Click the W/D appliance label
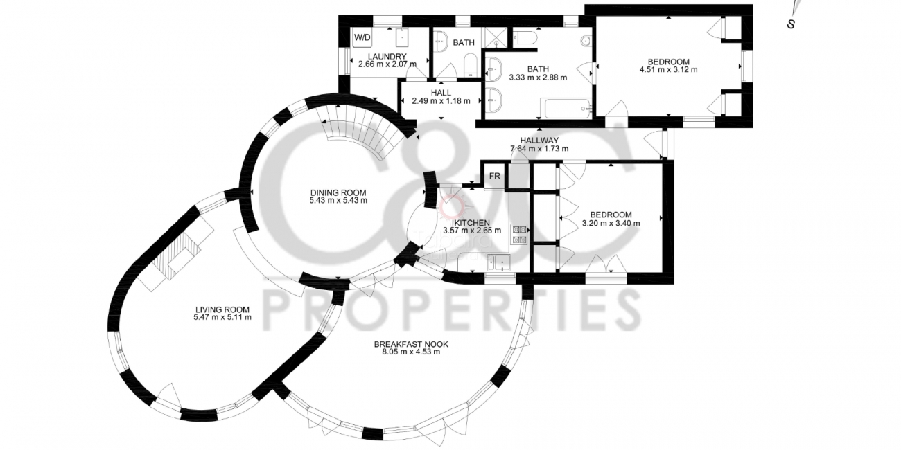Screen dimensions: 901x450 [362, 38]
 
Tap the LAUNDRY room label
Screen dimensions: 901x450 [387, 57]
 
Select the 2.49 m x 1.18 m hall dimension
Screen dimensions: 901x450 [441, 101]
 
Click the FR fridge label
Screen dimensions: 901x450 [494, 176]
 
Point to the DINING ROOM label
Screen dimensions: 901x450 [338, 193]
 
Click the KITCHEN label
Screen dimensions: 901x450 [472, 223]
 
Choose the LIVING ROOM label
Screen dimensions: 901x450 [222, 309]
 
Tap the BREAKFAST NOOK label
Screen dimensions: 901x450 [411, 344]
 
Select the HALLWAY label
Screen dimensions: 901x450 [539, 141]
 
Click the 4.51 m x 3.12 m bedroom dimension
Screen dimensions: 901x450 [668, 69]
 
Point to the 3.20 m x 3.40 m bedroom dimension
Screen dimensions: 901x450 [611, 223]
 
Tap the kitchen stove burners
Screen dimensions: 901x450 [520, 235]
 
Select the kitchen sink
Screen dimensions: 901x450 [498, 262]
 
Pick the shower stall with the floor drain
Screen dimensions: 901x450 [497, 37]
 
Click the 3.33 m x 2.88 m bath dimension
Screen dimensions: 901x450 [538, 78]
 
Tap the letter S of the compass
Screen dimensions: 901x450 [791, 24]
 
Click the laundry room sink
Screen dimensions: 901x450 [402, 37]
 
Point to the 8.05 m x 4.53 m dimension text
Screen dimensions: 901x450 [411, 352]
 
